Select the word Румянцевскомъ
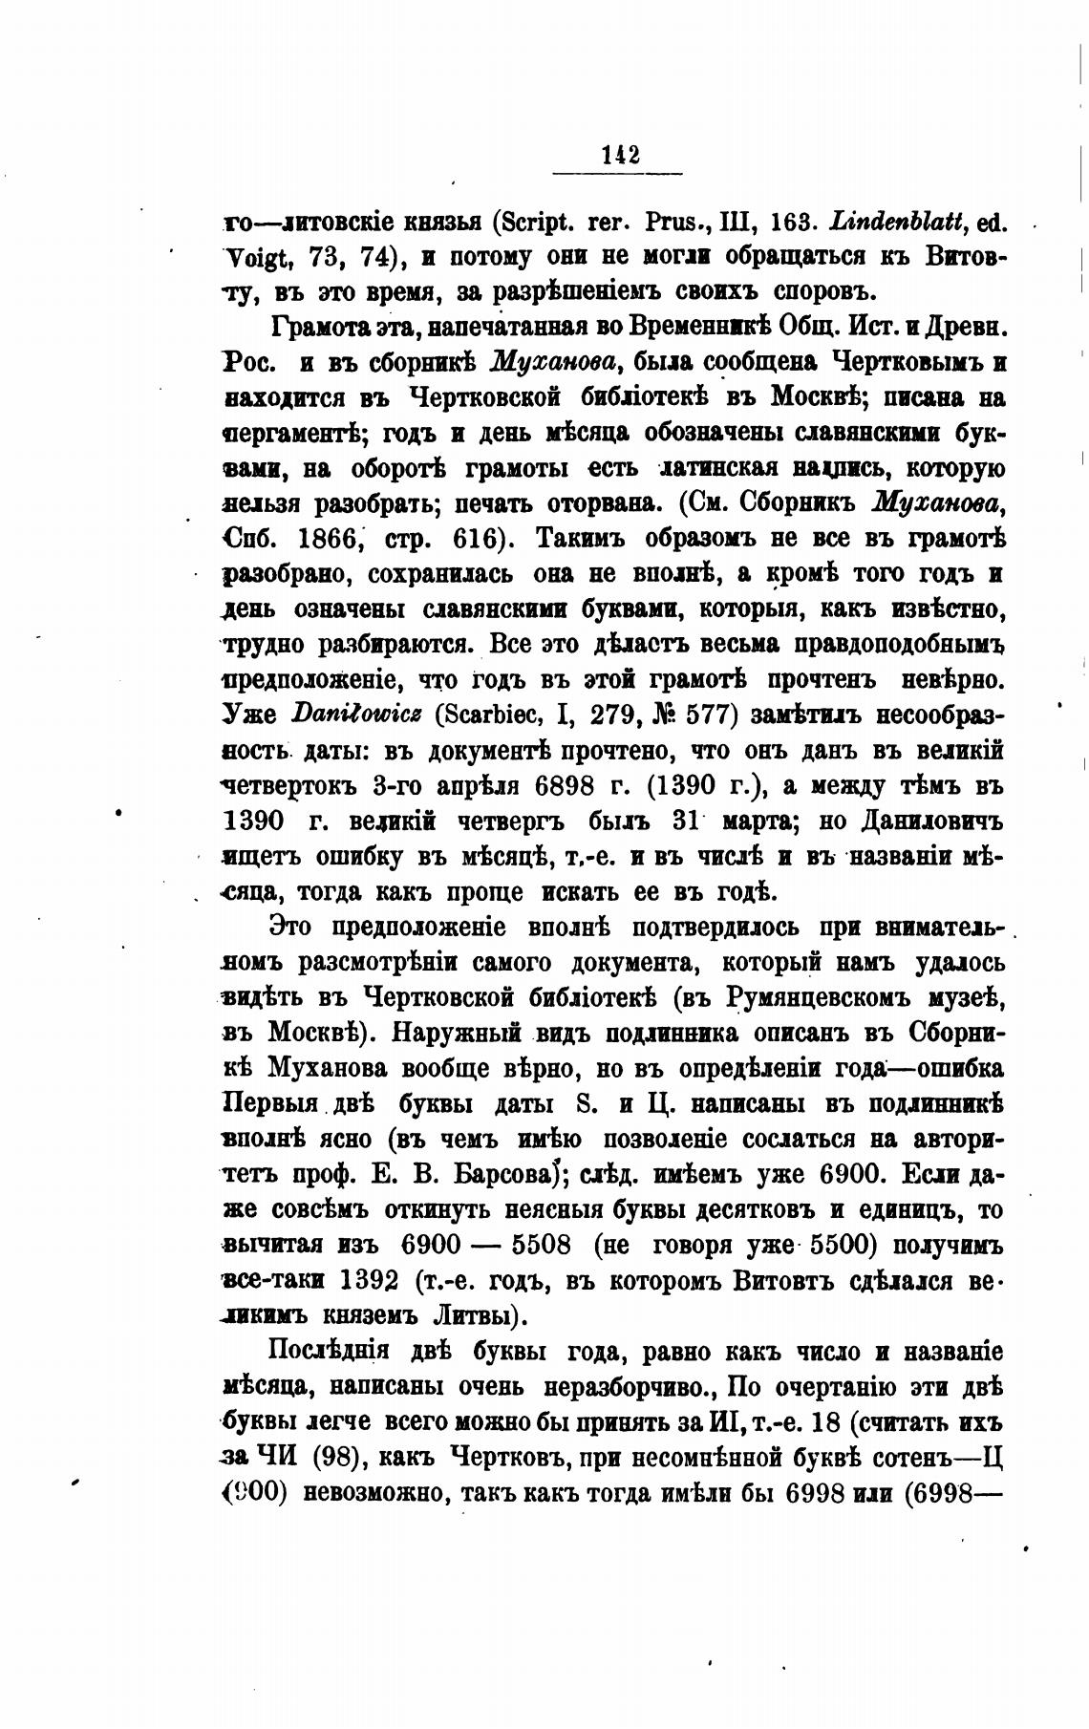click(804, 996)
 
